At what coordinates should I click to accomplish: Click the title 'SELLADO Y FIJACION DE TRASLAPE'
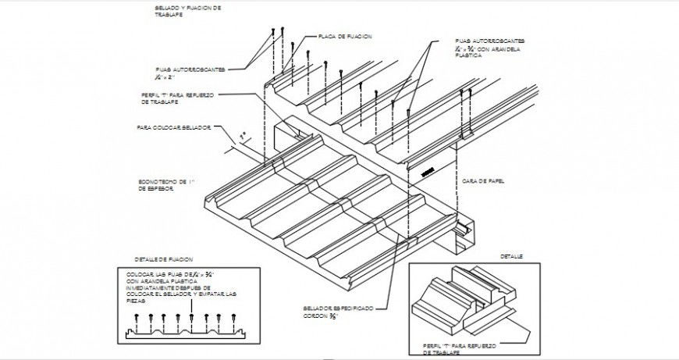188,11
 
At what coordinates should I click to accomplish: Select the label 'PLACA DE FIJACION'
344,37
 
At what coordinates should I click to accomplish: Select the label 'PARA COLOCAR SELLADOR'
173,127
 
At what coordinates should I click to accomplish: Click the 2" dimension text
243,136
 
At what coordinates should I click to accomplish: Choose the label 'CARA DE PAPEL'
483,180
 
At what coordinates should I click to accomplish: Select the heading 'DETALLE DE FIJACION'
163,258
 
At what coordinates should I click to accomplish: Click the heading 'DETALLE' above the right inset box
511,256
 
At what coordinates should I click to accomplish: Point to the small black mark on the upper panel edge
426,172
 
